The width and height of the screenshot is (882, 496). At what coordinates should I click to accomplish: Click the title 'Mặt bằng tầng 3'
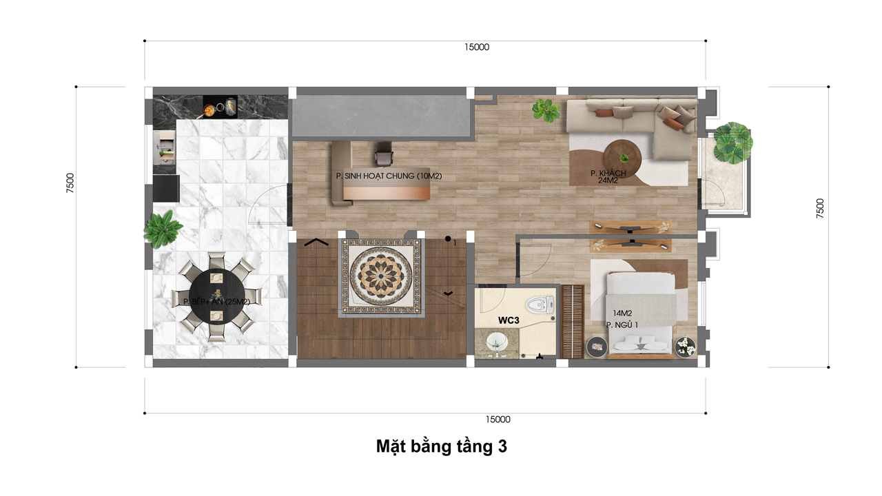tap(441, 446)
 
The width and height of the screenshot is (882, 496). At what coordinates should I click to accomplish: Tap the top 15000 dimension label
tap(477, 48)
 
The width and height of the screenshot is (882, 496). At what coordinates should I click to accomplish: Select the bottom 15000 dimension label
tap(498, 419)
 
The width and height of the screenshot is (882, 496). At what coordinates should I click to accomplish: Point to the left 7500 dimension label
tap(70, 183)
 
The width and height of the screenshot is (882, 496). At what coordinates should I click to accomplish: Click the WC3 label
tap(509, 320)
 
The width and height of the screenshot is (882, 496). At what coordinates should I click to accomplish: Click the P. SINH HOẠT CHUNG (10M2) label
tap(389, 176)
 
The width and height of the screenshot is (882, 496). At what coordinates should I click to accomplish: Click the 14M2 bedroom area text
tap(617, 313)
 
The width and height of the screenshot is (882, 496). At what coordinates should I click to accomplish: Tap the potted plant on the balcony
tap(732, 142)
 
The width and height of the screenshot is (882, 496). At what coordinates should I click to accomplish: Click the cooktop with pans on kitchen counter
tap(220, 107)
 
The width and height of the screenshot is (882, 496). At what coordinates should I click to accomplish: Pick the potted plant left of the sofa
tap(546, 110)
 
